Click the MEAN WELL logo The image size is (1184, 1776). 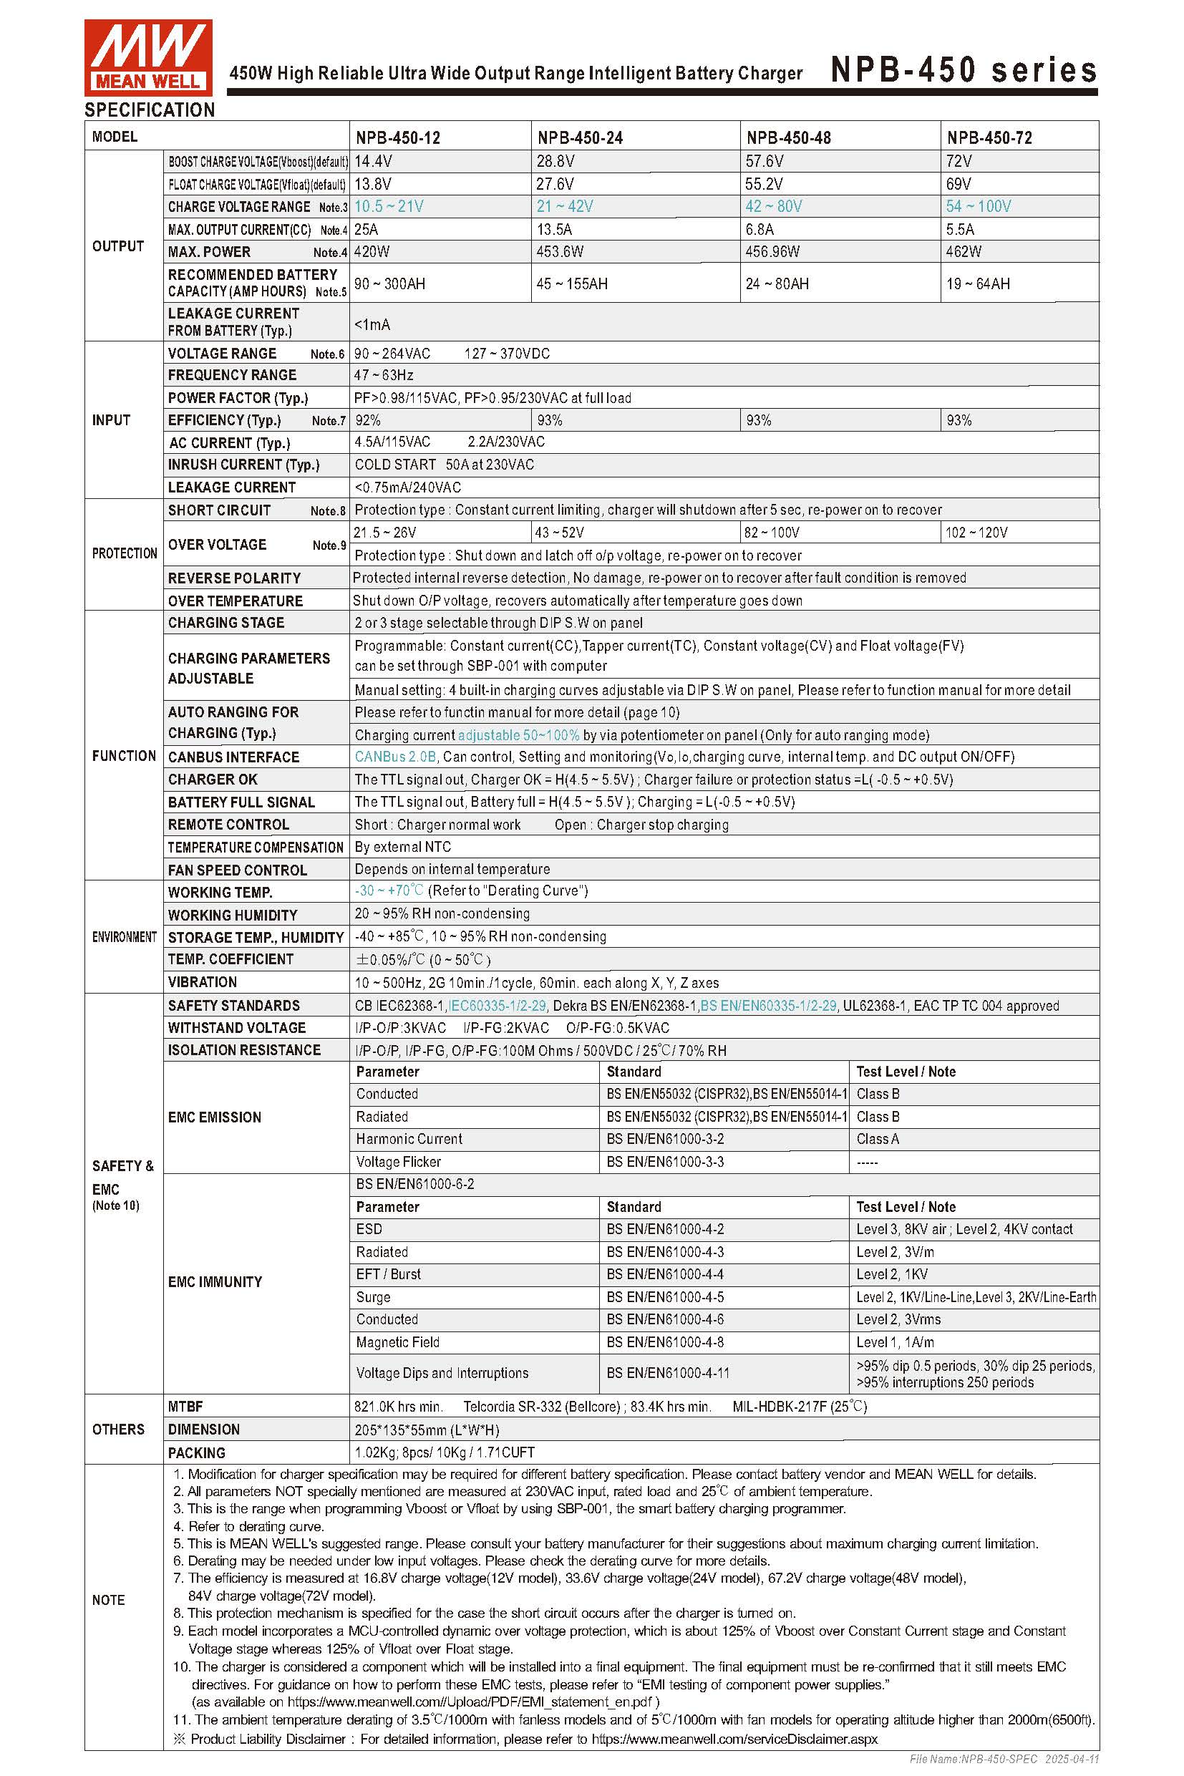(x=148, y=57)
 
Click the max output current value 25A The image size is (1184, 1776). (x=367, y=230)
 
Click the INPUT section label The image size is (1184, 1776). (x=111, y=419)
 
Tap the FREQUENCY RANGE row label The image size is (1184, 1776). (x=232, y=375)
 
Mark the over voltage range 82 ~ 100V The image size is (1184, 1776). (x=771, y=533)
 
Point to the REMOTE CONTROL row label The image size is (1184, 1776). (x=228, y=825)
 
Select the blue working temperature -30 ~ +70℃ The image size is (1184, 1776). (x=389, y=891)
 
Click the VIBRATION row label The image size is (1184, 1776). (x=203, y=982)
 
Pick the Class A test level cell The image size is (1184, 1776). (x=878, y=1140)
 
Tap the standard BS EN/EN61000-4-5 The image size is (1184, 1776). (x=664, y=1297)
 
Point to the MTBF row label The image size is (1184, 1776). (x=185, y=1407)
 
